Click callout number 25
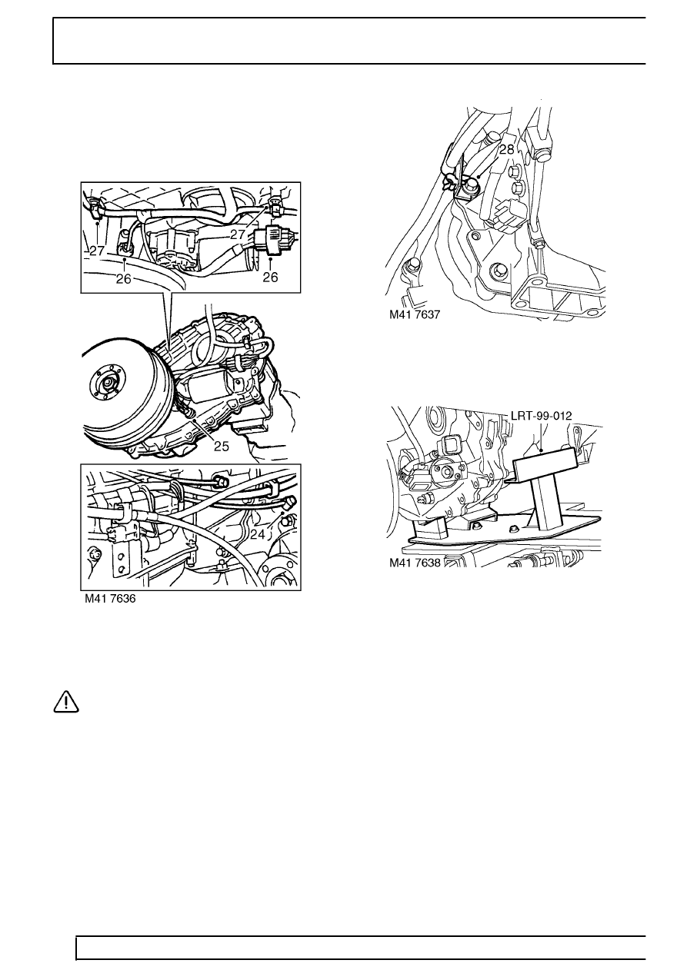(x=222, y=446)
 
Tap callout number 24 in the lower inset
(x=258, y=534)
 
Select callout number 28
(x=506, y=150)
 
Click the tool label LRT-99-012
(x=542, y=416)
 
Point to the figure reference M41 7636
(x=110, y=599)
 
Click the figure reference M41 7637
(x=415, y=315)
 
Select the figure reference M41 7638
(x=415, y=563)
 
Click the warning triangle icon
(x=66, y=702)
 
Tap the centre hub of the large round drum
(x=107, y=382)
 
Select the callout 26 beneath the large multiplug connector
(x=270, y=277)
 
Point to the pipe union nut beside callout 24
(x=288, y=504)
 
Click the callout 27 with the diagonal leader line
(x=238, y=234)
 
